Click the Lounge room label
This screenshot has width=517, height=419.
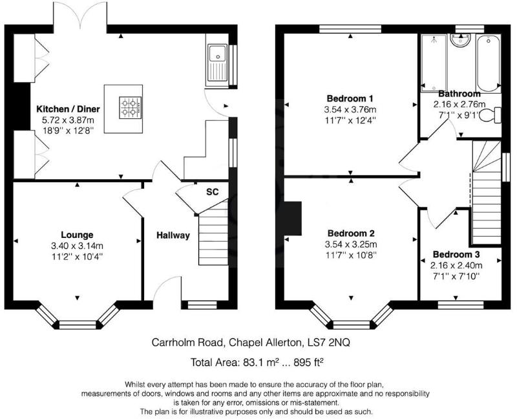click(78, 235)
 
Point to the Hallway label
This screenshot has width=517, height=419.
click(173, 235)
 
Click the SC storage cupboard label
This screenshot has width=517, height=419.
click(212, 192)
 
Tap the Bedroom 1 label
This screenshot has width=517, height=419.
click(350, 98)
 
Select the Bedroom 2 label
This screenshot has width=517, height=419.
click(351, 233)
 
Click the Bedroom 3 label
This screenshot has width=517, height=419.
click(456, 254)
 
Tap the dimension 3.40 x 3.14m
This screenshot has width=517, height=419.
click(78, 246)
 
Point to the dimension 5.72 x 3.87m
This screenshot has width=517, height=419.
click(67, 120)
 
